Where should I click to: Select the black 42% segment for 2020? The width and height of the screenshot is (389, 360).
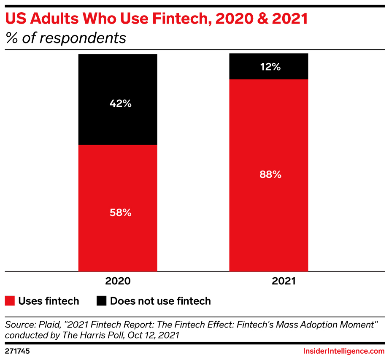tap(118, 122)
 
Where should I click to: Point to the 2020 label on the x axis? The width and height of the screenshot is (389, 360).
tap(118, 281)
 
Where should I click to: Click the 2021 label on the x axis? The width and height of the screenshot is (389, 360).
tap(268, 281)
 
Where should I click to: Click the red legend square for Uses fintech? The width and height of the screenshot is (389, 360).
tap(10, 301)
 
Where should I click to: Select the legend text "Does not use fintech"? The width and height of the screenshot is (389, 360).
tap(160, 301)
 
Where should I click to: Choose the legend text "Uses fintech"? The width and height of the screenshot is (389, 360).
tap(49, 301)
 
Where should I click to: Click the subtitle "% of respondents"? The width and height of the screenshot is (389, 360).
tap(65, 38)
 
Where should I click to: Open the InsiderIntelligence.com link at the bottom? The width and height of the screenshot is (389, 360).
tap(344, 351)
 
